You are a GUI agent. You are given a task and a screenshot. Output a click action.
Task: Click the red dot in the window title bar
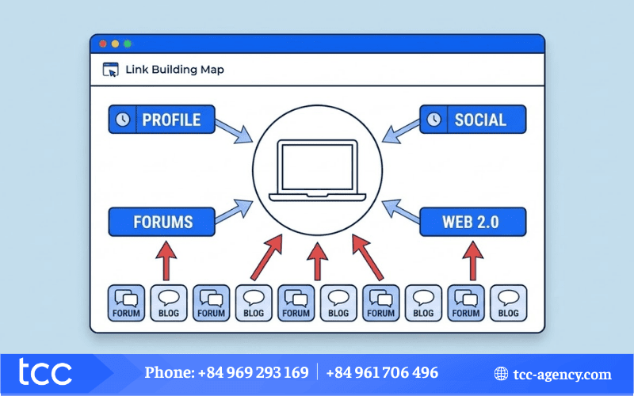point(102,44)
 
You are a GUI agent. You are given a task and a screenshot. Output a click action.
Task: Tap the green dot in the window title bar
point(128,44)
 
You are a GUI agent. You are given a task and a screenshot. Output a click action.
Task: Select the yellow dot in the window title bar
point(115,44)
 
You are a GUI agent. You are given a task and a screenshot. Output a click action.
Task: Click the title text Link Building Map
point(174,70)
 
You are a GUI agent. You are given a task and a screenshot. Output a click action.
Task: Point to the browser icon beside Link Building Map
point(111,70)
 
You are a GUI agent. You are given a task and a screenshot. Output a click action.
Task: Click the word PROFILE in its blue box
point(170,120)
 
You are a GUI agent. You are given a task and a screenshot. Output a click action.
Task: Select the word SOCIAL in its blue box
point(480,120)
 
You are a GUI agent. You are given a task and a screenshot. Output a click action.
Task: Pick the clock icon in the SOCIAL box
point(433,120)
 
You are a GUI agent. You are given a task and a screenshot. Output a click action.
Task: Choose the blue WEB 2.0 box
point(471,221)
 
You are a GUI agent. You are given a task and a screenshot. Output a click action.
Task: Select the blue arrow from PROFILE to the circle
point(234,130)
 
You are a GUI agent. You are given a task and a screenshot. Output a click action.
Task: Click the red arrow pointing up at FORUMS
point(165,262)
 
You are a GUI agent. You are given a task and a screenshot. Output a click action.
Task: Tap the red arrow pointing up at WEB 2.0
point(472,262)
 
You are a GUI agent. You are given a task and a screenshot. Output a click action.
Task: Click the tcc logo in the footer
point(47,373)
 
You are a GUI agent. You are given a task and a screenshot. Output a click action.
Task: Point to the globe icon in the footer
point(501,374)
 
